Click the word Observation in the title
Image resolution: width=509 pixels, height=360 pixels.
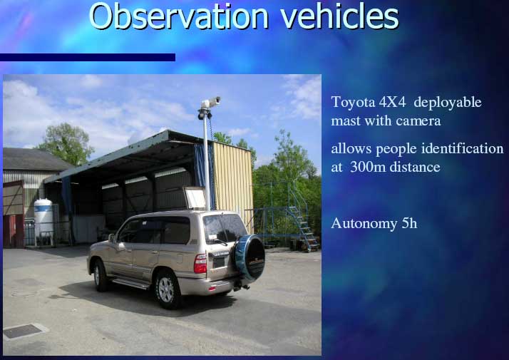[178, 16]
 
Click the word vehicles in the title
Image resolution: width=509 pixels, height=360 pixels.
[339, 16]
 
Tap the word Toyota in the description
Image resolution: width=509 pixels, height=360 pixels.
[353, 102]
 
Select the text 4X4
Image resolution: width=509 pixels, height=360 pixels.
[393, 102]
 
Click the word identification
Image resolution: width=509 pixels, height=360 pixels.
[462, 149]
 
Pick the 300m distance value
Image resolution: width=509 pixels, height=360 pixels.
[396, 168]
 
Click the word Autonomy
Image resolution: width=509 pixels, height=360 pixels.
[364, 224]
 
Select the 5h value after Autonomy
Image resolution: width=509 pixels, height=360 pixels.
[409, 223]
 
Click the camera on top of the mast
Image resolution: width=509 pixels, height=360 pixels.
[210, 103]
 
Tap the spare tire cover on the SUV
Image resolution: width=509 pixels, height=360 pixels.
[250, 257]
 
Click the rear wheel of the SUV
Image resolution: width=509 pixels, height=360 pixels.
[167, 289]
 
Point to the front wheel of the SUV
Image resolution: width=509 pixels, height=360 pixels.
[100, 275]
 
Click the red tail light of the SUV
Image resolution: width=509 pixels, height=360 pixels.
[200, 263]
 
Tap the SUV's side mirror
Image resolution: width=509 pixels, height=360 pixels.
[112, 238]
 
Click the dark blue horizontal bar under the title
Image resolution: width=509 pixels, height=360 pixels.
[88, 58]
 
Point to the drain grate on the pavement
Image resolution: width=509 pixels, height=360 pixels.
[23, 331]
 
